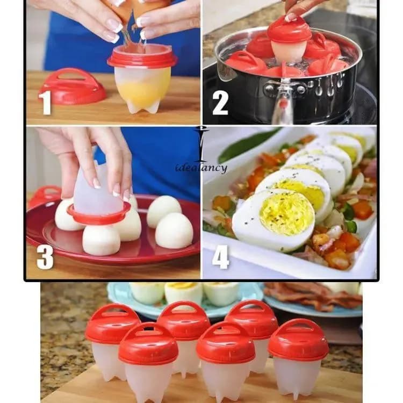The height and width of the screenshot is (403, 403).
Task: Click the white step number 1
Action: (x=46, y=102)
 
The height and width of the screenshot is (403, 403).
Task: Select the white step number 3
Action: (x=45, y=257)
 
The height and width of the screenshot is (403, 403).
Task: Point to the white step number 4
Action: (x=220, y=257)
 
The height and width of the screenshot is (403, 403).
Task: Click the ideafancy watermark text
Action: (x=201, y=168)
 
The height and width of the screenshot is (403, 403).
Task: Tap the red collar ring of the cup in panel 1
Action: (x=142, y=59)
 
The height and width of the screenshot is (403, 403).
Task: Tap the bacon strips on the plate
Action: (x=314, y=296)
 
